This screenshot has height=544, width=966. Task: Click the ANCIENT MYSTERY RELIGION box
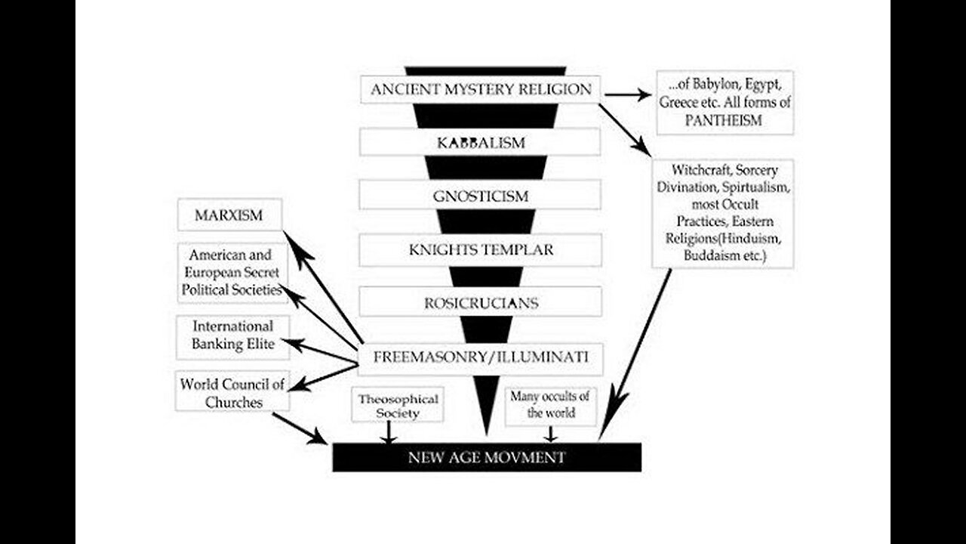pos(480,89)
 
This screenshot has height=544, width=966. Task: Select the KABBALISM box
pos(480,142)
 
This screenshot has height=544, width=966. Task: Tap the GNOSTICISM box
pos(480,196)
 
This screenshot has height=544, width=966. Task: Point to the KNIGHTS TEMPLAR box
pos(480,249)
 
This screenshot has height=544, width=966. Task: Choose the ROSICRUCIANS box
pos(480,303)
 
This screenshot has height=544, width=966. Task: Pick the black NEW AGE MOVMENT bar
pos(487,457)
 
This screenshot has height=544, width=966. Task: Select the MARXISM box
pos(229,215)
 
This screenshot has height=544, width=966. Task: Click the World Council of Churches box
pos(232,391)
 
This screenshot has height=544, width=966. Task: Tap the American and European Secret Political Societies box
pos(233,272)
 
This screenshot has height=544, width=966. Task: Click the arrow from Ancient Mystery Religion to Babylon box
pos(626,95)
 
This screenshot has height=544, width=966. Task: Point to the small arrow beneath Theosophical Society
pos(388,433)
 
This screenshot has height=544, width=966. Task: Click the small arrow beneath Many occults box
pos(550,434)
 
